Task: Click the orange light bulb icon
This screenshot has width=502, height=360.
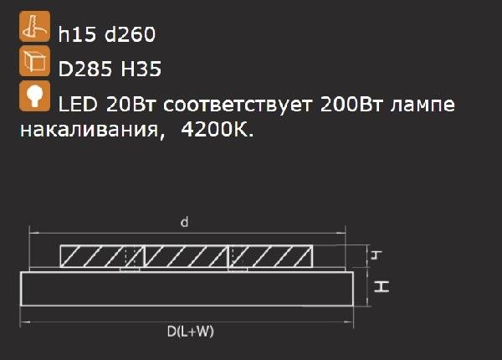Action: pos(34,96)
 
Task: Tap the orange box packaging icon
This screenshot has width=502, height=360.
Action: pos(34,61)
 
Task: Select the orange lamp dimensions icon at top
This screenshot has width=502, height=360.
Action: pos(34,26)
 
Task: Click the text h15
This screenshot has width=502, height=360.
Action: pos(77,34)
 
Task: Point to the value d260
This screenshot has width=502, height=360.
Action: pos(130,34)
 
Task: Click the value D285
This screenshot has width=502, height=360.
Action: pos(85,69)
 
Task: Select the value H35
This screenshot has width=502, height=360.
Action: pos(141,69)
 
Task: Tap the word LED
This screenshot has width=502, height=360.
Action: pos(78,104)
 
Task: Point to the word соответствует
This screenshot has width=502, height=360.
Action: pos(238,105)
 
